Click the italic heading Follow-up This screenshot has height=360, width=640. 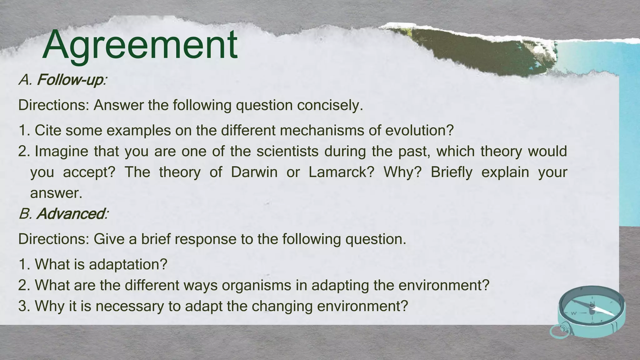tap(70, 80)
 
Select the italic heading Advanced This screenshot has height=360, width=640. tap(71, 214)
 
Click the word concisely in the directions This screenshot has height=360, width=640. tap(330, 105)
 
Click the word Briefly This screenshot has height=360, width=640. tap(452, 172)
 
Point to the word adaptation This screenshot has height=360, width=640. tap(128, 264)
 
